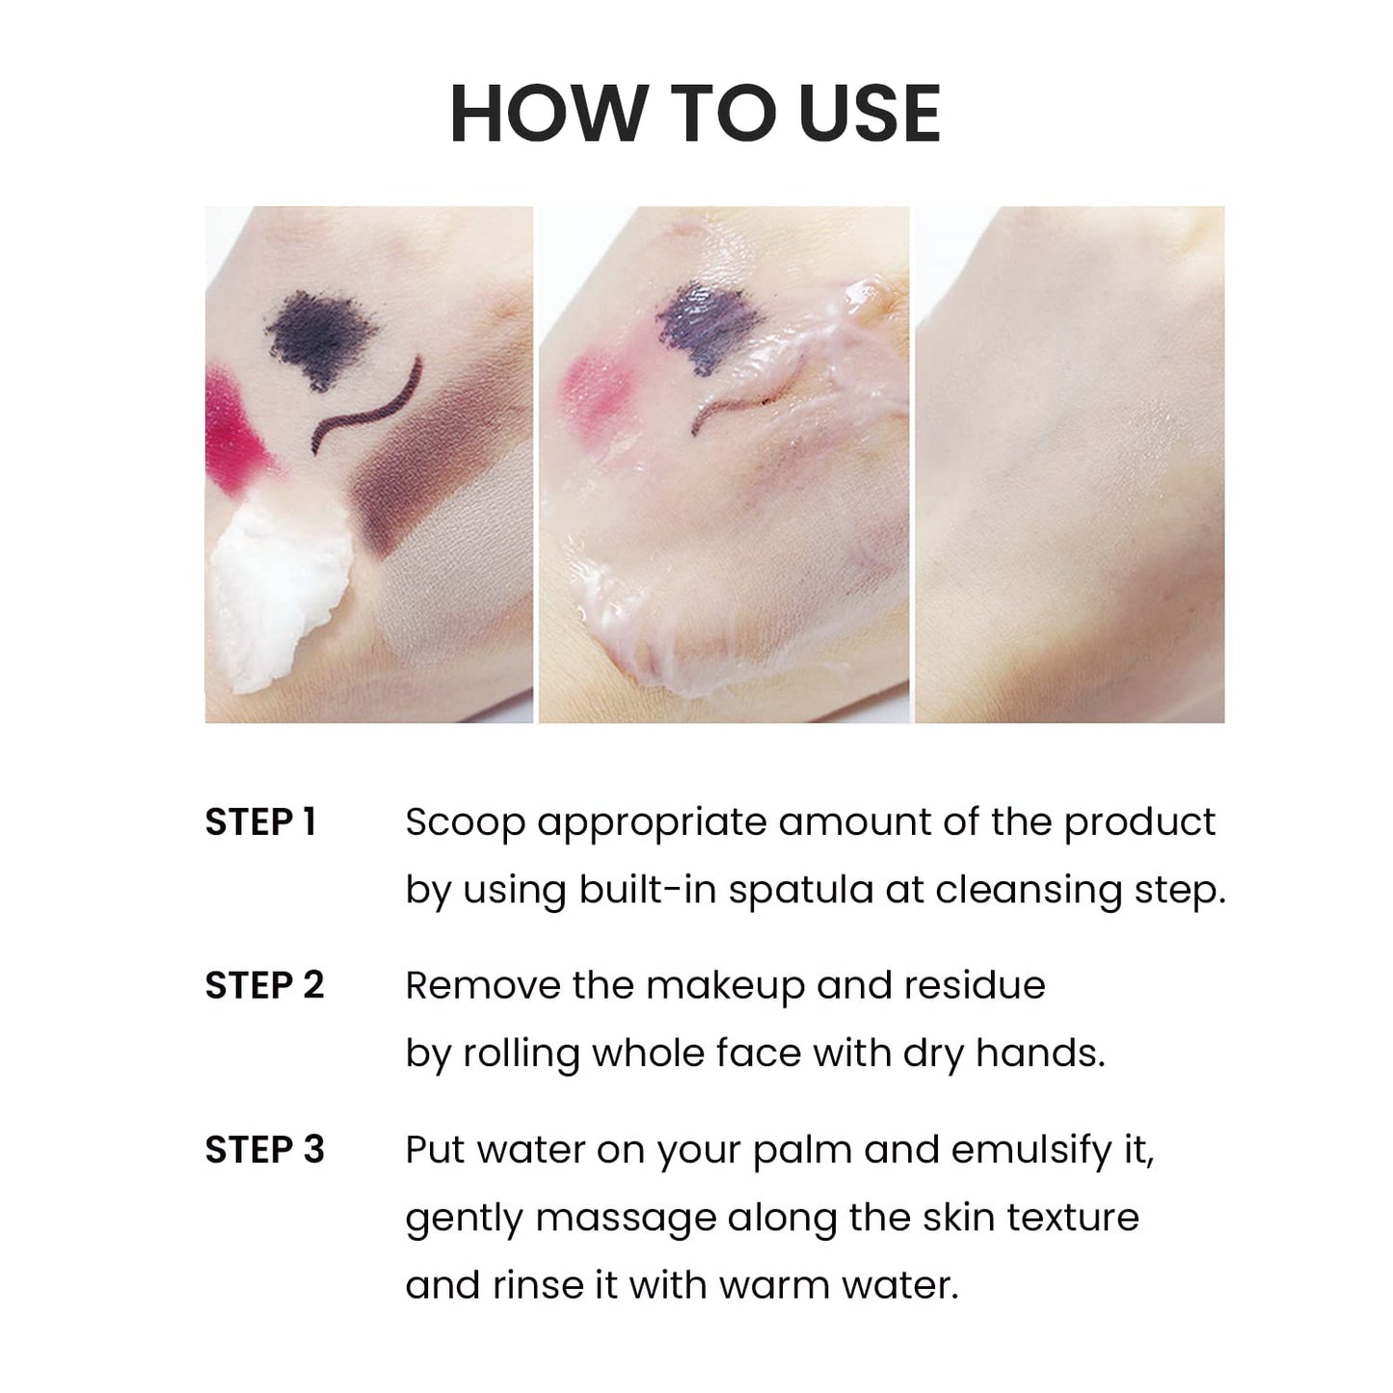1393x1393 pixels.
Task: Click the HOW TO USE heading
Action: click(x=695, y=114)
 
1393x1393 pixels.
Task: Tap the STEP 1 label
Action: click(x=260, y=822)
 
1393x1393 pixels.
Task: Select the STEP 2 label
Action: click(x=264, y=986)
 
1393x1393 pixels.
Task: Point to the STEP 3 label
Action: click(x=264, y=1150)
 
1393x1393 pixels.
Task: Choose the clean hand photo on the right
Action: click(x=1069, y=465)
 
